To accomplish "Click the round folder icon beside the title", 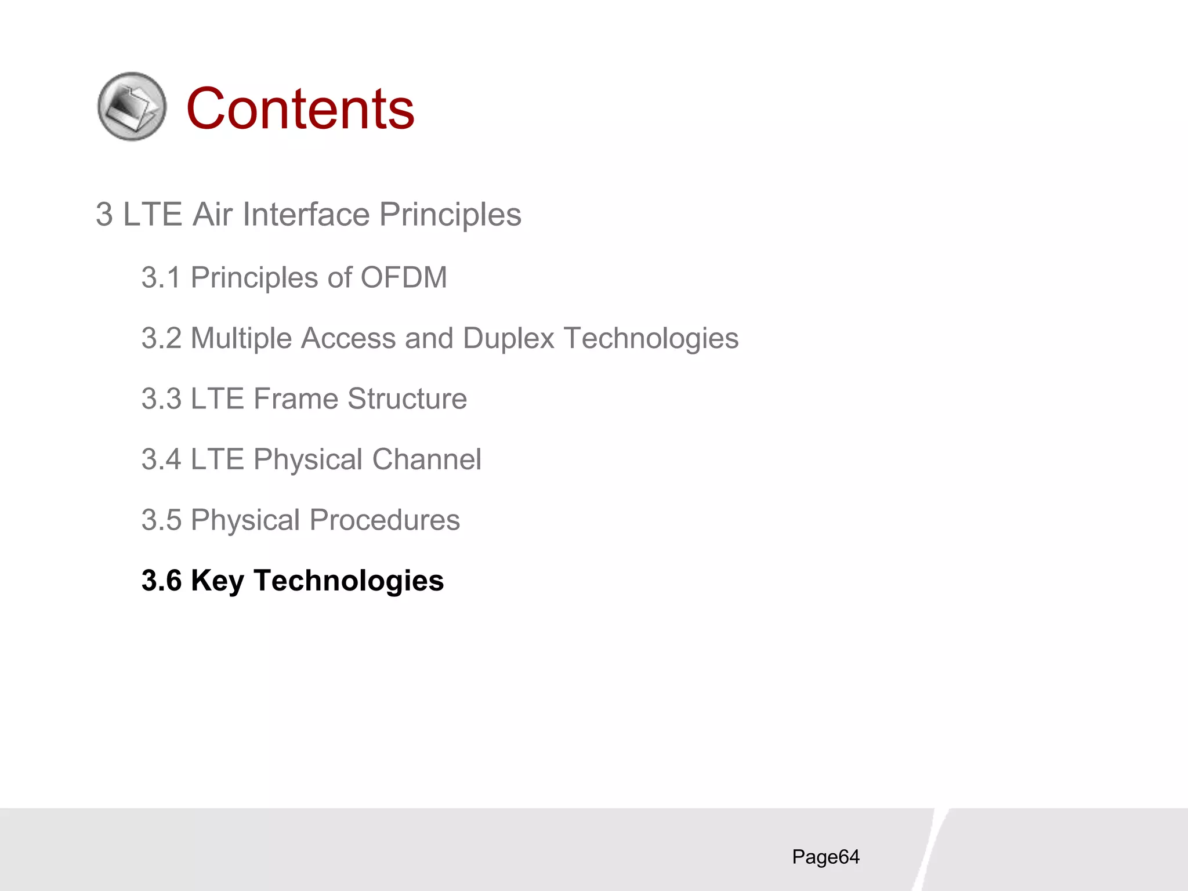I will [132, 107].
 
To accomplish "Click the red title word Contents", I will [300, 108].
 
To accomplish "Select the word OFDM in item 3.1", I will [404, 277].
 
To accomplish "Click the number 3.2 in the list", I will [161, 338].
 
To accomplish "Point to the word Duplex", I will [509, 338].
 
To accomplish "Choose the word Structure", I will [407, 399].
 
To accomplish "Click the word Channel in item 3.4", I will [426, 459].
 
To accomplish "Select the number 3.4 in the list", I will [161, 459].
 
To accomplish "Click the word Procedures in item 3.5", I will [385, 520].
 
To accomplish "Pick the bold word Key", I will [217, 581].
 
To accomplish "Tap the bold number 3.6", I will [161, 581].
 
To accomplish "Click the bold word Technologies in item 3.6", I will [349, 581].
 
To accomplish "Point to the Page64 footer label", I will [825, 857].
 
